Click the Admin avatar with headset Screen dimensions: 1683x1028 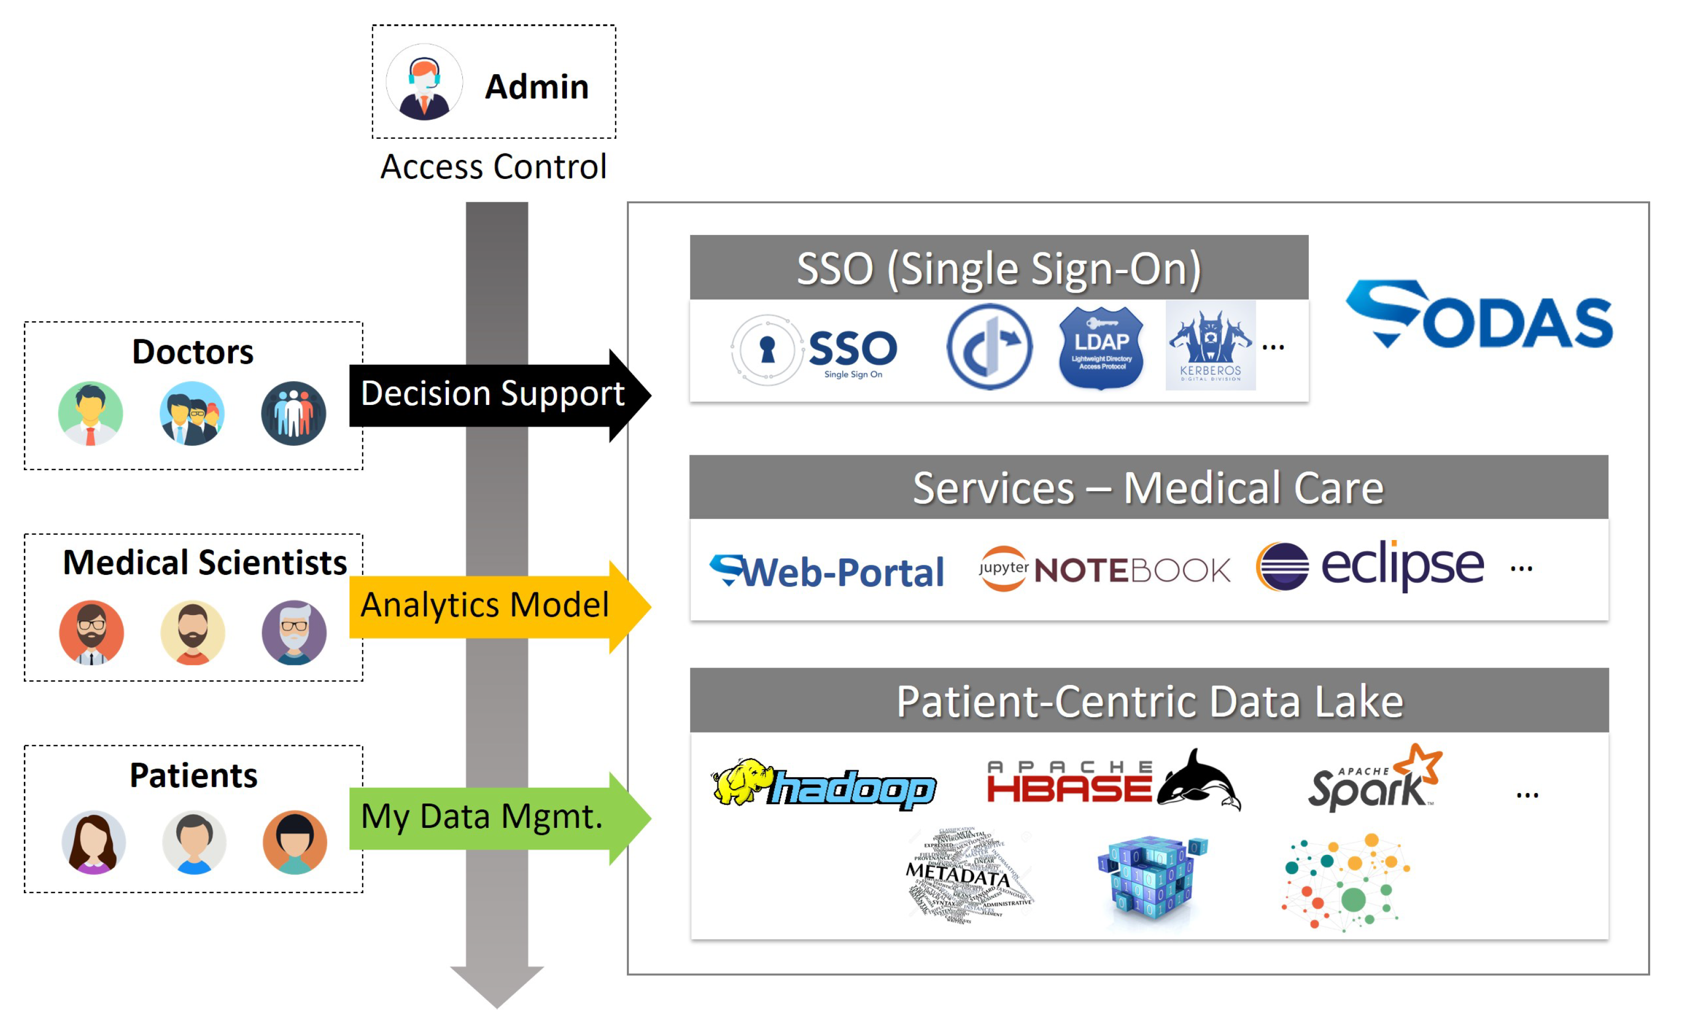tap(424, 82)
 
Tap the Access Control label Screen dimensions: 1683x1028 tap(493, 167)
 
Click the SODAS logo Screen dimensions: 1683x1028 tap(1478, 315)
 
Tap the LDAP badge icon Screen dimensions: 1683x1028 tap(1101, 348)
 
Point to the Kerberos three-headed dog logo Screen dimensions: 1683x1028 tap(1210, 346)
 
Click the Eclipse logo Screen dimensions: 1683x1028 tap(1370, 566)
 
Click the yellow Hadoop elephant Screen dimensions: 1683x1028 tap(741, 781)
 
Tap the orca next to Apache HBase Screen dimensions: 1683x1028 tap(1200, 780)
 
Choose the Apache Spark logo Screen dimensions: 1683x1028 tap(1374, 779)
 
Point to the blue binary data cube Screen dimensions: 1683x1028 tap(1151, 877)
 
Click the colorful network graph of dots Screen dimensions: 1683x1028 tap(1345, 881)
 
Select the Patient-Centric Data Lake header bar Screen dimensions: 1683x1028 tap(1149, 701)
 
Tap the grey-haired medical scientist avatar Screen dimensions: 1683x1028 tap(294, 633)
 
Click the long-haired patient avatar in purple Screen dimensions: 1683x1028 tap(94, 842)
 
